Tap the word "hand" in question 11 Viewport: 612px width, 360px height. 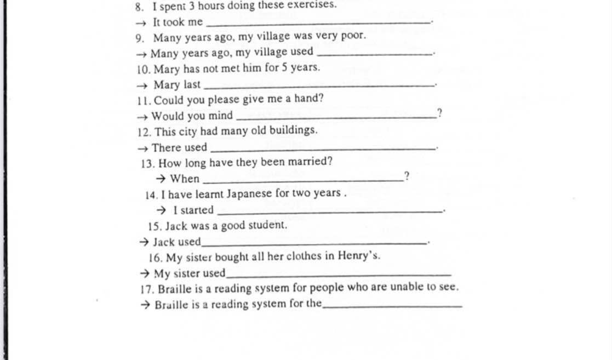pyautogui.click(x=308, y=99)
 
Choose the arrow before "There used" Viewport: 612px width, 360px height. pyautogui.click(x=143, y=148)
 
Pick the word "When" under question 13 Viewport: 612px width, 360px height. pyautogui.click(x=185, y=179)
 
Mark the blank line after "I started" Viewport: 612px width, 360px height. pyautogui.click(x=329, y=212)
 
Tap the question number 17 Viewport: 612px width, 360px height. pyautogui.click(x=146, y=288)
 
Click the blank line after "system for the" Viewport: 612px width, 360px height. pyautogui.click(x=392, y=306)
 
